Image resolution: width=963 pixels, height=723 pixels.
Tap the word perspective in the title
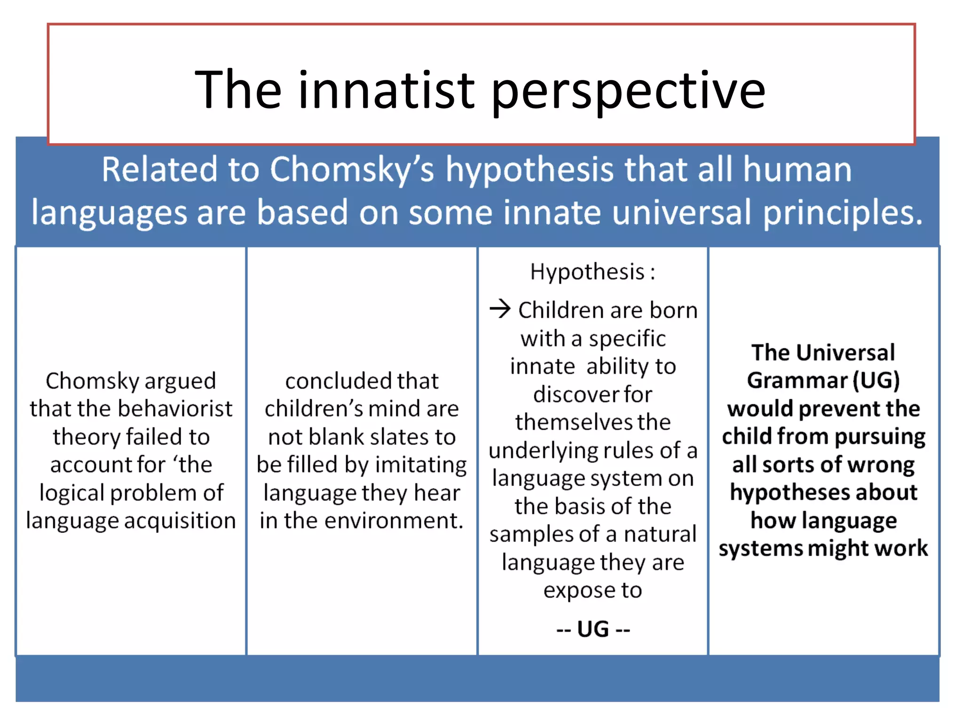[628, 92]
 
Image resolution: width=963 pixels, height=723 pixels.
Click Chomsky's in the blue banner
[352, 169]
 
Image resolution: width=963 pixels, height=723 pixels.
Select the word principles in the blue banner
[843, 213]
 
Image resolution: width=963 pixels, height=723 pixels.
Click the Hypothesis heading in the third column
[587, 272]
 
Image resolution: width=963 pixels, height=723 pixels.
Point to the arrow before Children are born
[500, 309]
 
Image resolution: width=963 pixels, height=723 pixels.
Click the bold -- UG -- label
[593, 629]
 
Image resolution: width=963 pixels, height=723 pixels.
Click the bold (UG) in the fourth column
[876, 380]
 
